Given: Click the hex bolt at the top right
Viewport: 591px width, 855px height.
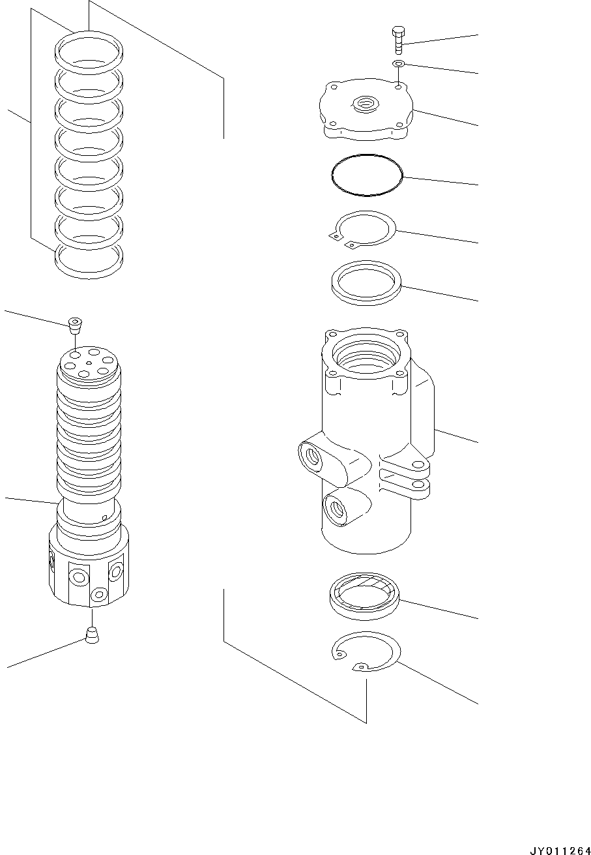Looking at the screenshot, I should coord(398,39).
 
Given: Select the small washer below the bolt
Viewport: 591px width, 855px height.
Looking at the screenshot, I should coord(398,63).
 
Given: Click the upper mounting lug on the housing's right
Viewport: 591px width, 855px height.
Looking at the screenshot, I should coord(414,466).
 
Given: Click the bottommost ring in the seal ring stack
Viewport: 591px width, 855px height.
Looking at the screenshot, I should coord(88,262).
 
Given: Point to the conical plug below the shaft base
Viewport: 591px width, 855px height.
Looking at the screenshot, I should coord(92,635).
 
